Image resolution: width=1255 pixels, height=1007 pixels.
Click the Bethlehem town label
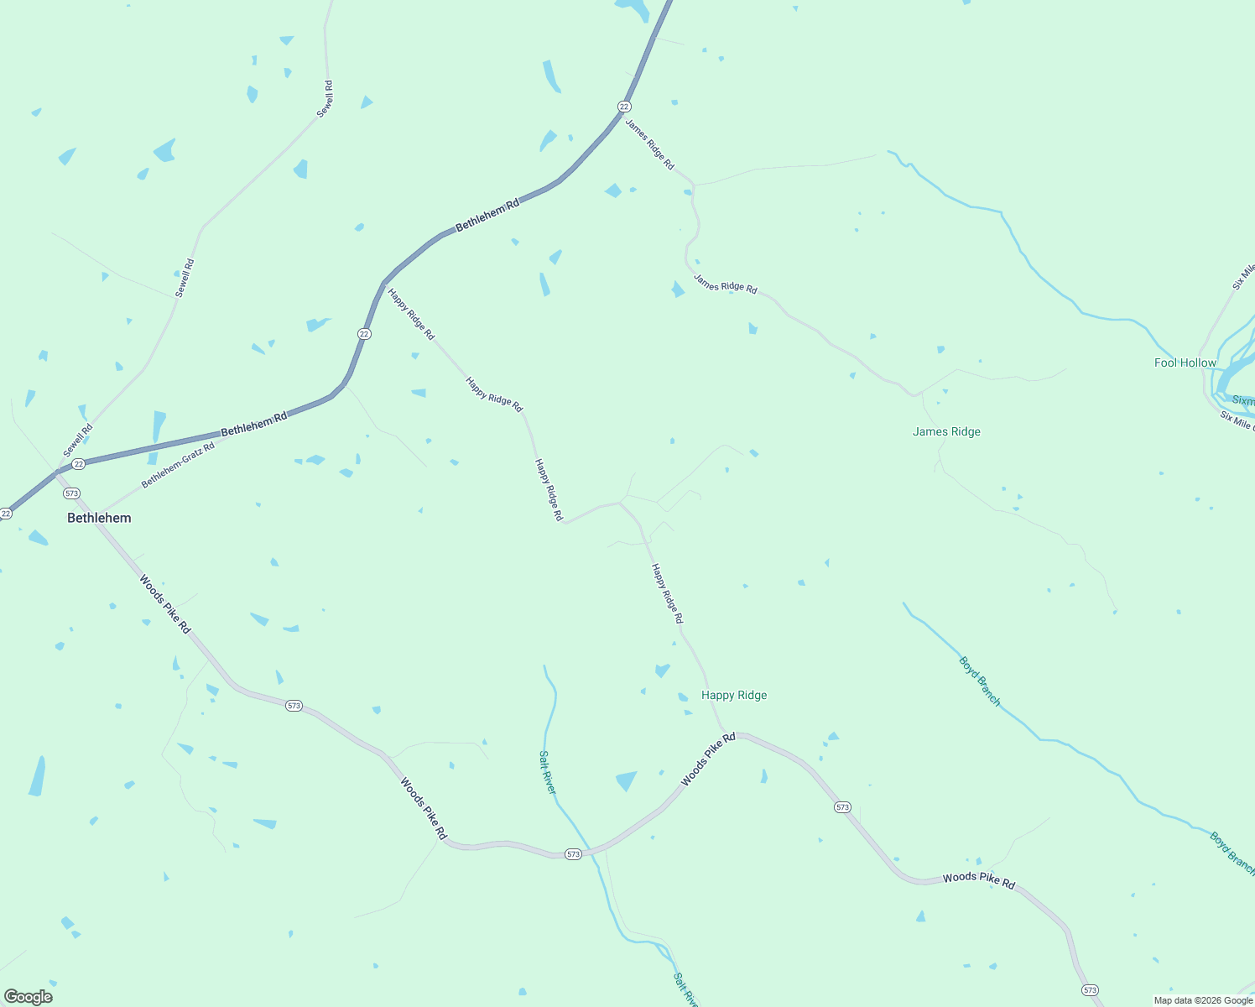click(99, 518)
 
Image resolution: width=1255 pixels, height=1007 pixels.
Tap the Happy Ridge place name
click(734, 695)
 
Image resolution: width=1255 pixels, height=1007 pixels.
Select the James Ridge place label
click(946, 431)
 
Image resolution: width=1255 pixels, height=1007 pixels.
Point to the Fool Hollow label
click(1185, 363)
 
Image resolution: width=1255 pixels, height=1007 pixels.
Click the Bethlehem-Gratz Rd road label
click(178, 465)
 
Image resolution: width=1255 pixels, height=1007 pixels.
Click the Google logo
click(29, 997)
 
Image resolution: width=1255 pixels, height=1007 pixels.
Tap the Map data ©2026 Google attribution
click(1203, 1000)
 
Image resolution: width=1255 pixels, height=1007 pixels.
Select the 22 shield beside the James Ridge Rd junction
click(624, 107)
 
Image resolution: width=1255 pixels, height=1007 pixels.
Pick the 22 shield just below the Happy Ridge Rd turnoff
click(364, 333)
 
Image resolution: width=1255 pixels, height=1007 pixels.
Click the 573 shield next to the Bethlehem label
click(71, 493)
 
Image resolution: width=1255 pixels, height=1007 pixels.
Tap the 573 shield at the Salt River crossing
click(573, 854)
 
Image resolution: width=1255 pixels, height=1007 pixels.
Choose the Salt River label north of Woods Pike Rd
click(547, 772)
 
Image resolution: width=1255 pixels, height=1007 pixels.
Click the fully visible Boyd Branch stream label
click(980, 681)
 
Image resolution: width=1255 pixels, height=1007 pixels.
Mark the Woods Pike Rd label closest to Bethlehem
click(165, 604)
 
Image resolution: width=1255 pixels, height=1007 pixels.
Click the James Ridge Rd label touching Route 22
click(649, 144)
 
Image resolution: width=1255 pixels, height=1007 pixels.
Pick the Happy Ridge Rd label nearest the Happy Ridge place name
click(667, 593)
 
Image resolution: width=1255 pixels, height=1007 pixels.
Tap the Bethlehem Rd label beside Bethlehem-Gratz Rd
click(253, 424)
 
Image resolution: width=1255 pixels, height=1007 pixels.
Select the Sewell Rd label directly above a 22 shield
click(77, 441)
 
